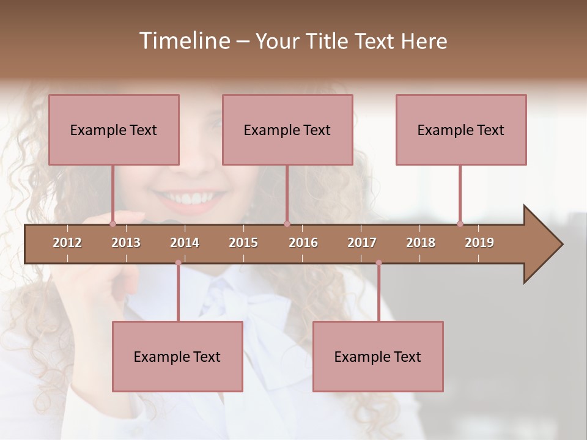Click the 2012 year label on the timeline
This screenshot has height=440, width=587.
click(x=67, y=243)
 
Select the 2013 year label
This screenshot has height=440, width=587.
click(x=126, y=243)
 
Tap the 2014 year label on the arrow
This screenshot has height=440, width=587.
click(x=185, y=243)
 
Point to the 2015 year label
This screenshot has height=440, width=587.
click(x=243, y=243)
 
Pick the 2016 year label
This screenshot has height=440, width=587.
click(x=303, y=243)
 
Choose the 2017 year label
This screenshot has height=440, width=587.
click(x=362, y=243)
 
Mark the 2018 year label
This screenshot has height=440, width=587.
click(x=421, y=243)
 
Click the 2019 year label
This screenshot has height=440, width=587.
click(x=479, y=243)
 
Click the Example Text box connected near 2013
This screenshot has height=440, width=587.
click(x=114, y=130)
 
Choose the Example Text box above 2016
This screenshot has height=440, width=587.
click(x=287, y=130)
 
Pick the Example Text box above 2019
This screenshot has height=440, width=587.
click(x=461, y=130)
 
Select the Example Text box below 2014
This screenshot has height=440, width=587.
click(x=177, y=356)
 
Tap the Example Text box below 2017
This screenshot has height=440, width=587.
click(x=378, y=356)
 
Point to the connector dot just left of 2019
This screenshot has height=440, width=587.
click(x=460, y=224)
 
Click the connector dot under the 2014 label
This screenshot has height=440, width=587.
click(x=178, y=263)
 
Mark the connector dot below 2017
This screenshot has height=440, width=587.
click(x=378, y=263)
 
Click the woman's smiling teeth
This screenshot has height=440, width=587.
click(x=190, y=199)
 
